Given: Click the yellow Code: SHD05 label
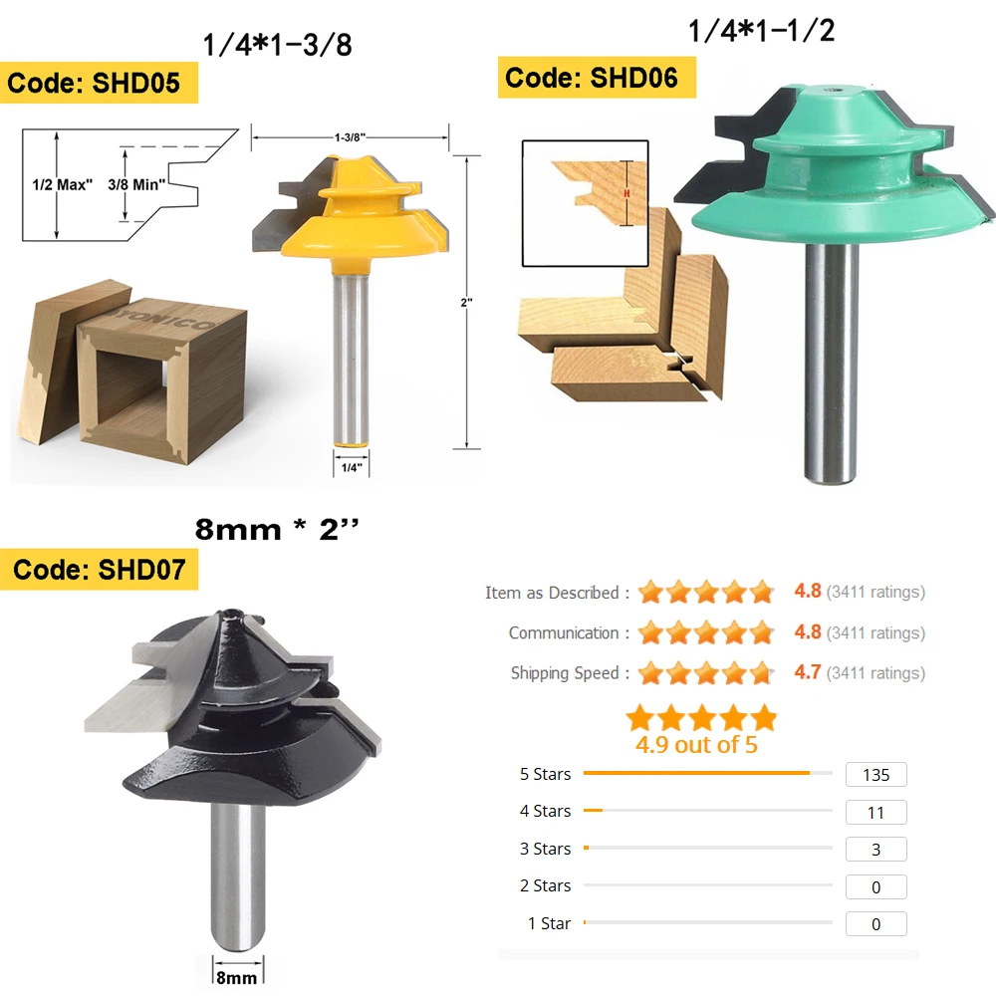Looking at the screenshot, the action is pyautogui.click(x=99, y=83).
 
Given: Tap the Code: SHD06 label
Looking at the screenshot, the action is pyautogui.click(x=597, y=78).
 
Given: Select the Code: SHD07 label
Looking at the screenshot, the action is pyautogui.click(x=99, y=569).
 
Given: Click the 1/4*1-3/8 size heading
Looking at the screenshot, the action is pyautogui.click(x=277, y=45).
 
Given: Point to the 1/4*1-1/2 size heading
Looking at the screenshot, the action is pyautogui.click(x=762, y=31).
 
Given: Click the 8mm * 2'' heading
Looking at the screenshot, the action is pyautogui.click(x=277, y=529).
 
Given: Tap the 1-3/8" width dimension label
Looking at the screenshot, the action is pyautogui.click(x=350, y=137).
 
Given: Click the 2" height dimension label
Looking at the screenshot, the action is pyautogui.click(x=467, y=303).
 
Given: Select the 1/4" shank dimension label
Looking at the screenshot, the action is pyautogui.click(x=352, y=468).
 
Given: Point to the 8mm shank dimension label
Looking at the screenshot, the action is pyautogui.click(x=237, y=978).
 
